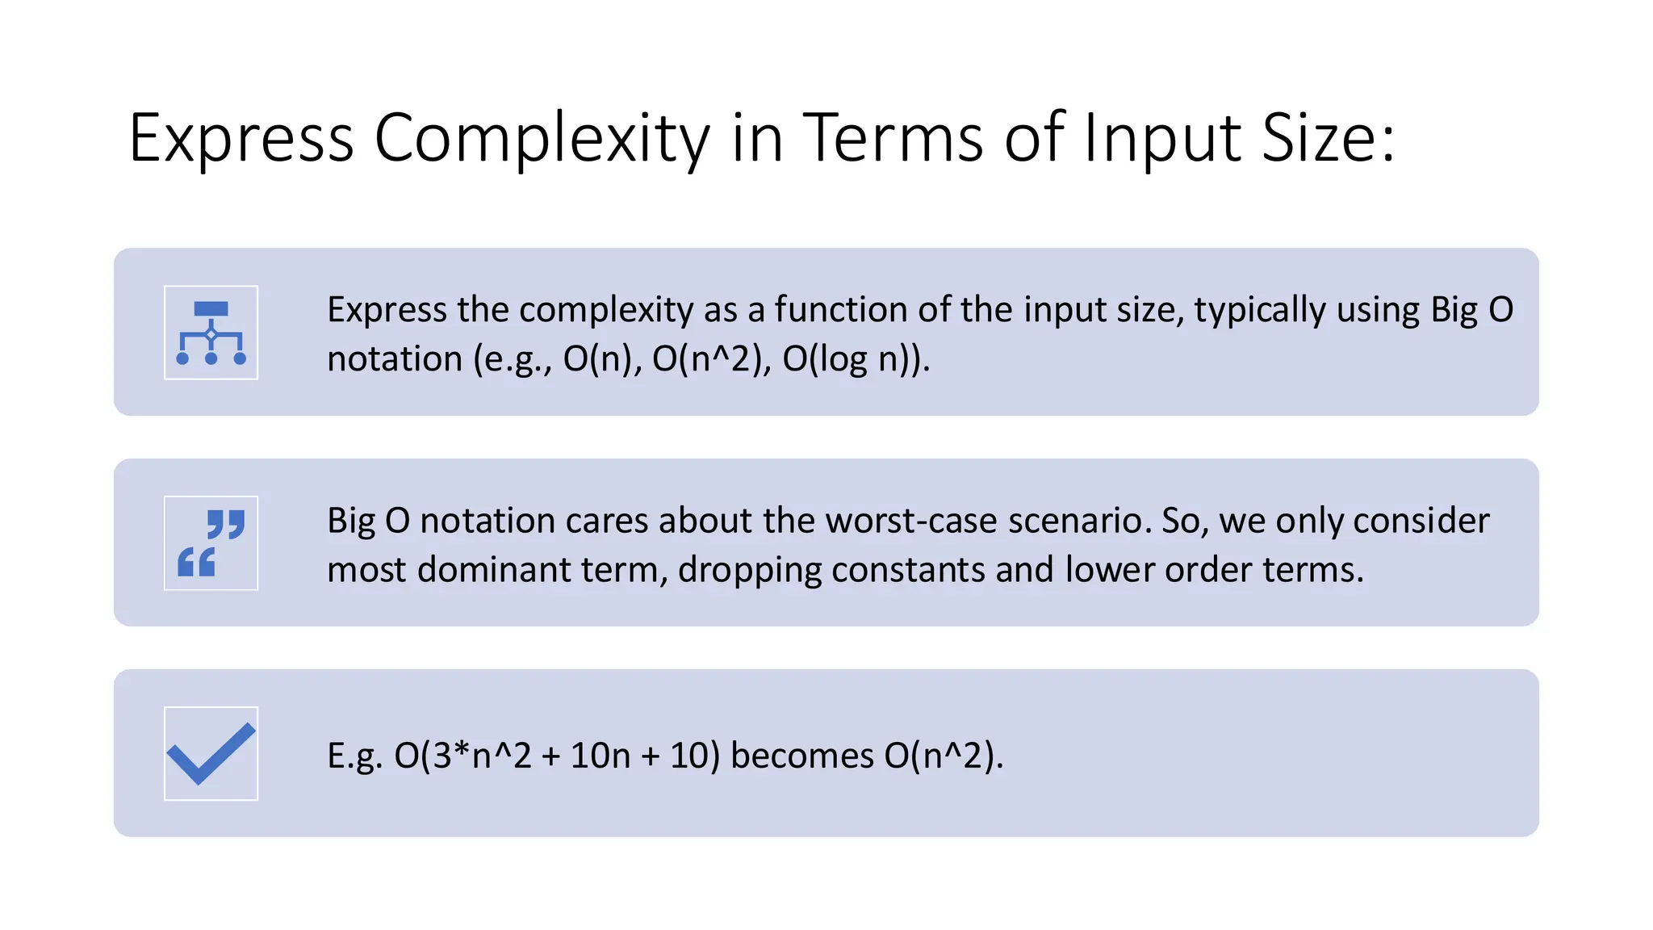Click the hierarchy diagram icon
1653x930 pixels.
(211, 333)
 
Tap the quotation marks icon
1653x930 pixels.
(211, 543)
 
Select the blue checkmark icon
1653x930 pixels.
(211, 754)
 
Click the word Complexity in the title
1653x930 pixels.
(542, 139)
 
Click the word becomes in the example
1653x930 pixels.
(801, 756)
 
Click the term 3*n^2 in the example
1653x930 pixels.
(482, 756)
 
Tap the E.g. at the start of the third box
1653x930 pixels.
(354, 756)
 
